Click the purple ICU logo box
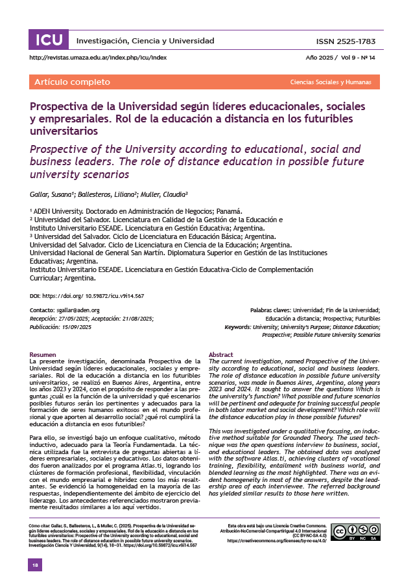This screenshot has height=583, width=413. (x=49, y=41)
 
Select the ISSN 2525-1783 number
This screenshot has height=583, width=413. (x=346, y=41)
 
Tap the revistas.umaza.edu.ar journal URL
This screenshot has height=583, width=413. (x=99, y=58)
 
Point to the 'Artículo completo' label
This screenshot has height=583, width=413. (x=72, y=82)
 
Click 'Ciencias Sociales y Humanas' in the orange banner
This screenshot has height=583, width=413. (x=331, y=83)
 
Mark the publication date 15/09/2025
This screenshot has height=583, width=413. (x=77, y=326)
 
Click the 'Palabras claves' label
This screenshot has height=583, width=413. (x=270, y=311)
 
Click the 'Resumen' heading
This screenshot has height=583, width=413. (x=43, y=354)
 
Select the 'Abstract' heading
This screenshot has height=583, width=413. (x=220, y=354)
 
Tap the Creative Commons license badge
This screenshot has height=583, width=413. (x=355, y=532)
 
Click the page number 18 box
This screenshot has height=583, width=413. (x=35, y=566)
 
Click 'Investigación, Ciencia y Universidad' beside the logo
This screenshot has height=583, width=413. (x=145, y=41)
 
